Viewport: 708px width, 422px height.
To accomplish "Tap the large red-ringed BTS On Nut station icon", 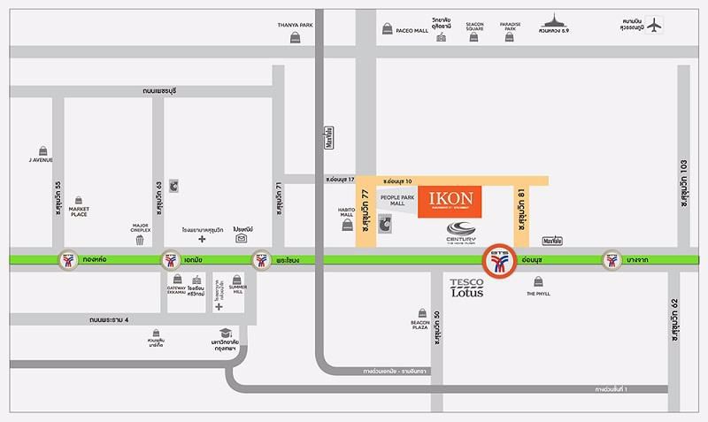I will [502, 261].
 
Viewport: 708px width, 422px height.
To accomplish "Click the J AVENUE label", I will [41, 160].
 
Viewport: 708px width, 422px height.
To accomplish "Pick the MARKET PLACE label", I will [80, 212].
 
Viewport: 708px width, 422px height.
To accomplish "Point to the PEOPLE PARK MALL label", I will [396, 200].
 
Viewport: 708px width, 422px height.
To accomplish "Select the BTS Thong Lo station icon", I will [69, 261].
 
